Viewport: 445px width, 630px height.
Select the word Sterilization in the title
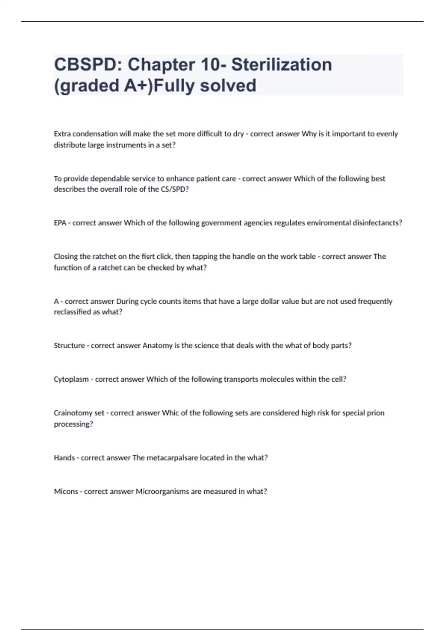click(281, 65)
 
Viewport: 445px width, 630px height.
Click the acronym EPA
click(60, 223)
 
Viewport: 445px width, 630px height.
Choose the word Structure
click(69, 345)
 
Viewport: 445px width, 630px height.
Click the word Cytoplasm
click(71, 379)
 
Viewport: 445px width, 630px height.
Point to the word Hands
click(64, 458)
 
